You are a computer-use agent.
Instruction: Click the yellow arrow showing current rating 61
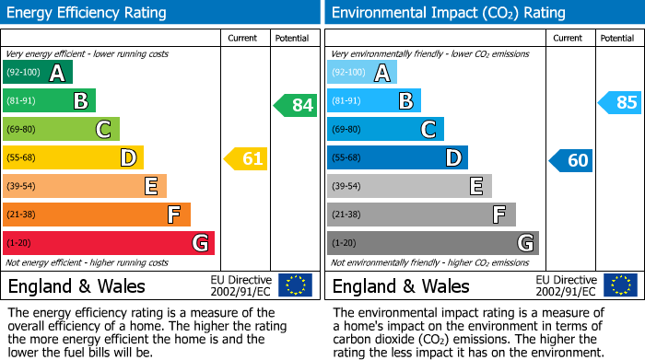coord(246,158)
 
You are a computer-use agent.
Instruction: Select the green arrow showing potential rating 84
coord(296,105)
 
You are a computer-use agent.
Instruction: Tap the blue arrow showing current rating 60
coord(570,160)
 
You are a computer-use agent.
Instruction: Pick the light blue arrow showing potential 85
coord(619,102)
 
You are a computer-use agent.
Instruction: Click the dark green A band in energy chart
coord(38,73)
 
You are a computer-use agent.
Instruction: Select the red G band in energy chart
coord(109,243)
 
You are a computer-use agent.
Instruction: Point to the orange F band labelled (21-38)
coord(97,215)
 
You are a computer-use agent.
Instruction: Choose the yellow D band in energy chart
coord(73,158)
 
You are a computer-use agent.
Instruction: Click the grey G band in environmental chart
coord(433,243)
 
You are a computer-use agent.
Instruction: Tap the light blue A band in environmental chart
coord(362,73)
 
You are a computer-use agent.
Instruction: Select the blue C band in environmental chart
coord(385,130)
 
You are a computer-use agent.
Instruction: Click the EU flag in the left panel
coord(295,285)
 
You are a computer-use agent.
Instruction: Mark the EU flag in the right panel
coord(620,285)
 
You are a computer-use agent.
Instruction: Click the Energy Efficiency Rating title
coord(87,13)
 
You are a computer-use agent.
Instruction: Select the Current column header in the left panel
coord(242,38)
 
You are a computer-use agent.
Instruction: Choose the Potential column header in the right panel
coord(616,38)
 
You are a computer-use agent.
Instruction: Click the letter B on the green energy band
coord(80,101)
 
